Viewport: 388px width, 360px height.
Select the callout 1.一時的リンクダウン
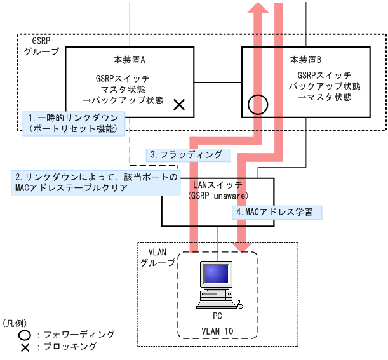(x=74, y=117)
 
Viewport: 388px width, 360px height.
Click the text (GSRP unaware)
(x=217, y=195)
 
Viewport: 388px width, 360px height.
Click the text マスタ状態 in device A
(x=130, y=90)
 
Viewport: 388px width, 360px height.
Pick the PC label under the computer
(x=217, y=315)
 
